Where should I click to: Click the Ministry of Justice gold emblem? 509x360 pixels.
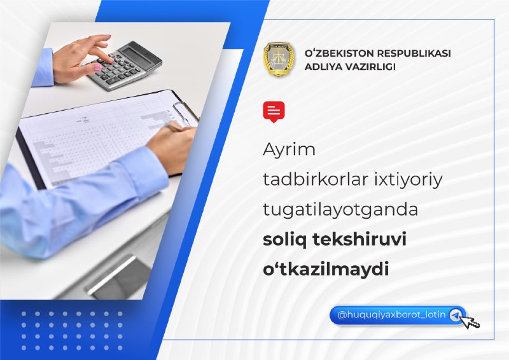point(279,59)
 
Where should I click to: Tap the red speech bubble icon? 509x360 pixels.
point(274,112)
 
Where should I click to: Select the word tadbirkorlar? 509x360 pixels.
point(315,179)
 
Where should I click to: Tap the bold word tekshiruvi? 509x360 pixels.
point(359,240)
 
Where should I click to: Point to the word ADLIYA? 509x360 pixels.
point(323,67)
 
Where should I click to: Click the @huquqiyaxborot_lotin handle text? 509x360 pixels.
point(391,315)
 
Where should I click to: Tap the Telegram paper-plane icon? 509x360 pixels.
point(456,315)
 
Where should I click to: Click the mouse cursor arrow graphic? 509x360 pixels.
point(470,322)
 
